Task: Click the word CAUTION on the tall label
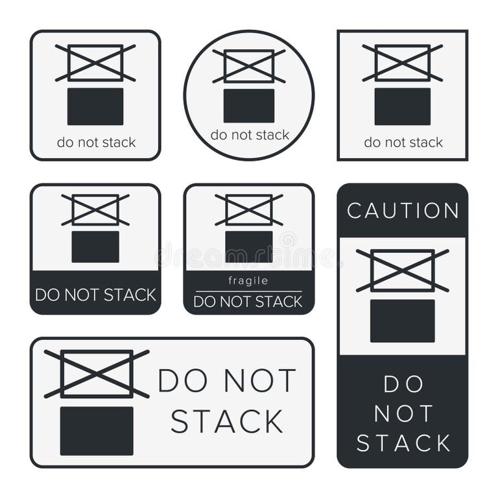[403, 211]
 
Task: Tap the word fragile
[248, 281]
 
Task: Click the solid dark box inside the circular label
[249, 106]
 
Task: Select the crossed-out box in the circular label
[249, 65]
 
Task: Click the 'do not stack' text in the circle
[250, 135]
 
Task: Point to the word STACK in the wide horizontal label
[227, 421]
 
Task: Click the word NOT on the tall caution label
[403, 414]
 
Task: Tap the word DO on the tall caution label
[403, 385]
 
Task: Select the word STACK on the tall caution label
[403, 444]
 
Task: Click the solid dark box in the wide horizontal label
[97, 431]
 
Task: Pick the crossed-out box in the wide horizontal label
[97, 373]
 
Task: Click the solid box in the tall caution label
[403, 320]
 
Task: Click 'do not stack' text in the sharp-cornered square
[403, 142]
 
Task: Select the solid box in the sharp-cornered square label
[402, 106]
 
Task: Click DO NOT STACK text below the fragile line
[248, 302]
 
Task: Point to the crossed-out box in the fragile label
[249, 209]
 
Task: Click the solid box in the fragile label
[249, 246]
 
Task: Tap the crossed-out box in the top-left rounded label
[95, 63]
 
